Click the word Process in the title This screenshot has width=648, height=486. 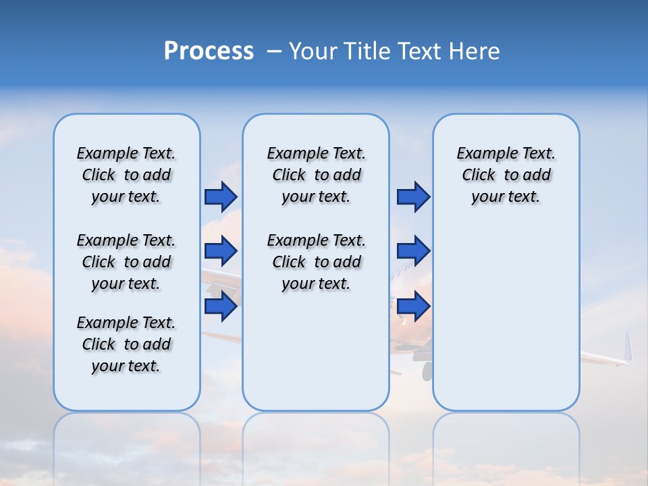209,51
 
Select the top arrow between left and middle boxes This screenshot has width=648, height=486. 221,196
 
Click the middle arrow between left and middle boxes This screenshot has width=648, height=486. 221,251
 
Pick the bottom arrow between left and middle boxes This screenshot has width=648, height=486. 221,306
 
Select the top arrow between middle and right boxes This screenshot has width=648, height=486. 413,196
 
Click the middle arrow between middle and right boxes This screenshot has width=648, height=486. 413,251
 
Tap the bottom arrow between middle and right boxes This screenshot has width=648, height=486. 413,306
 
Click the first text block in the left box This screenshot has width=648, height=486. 126,175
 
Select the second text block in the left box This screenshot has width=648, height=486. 126,262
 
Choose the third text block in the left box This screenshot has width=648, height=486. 126,344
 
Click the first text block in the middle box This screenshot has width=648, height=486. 316,175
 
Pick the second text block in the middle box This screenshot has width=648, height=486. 316,262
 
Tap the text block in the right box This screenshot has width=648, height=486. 506,175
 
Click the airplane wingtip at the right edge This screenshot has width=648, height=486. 627,348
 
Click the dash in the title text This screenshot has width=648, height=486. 274,51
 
